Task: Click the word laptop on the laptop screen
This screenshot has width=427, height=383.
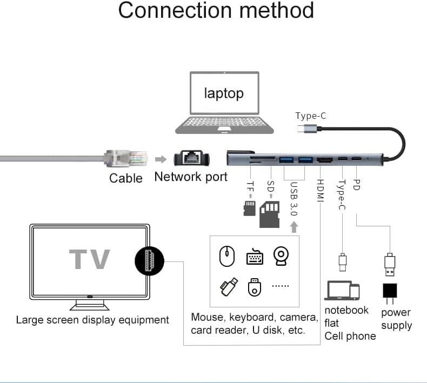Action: (224, 93)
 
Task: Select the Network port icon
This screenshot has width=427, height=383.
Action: (191, 158)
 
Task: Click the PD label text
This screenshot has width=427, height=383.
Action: (356, 185)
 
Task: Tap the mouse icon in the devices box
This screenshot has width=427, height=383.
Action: (228, 256)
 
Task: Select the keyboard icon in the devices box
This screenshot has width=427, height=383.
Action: (255, 257)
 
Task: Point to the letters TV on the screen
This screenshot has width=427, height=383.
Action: (90, 260)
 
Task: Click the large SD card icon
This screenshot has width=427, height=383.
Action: (270, 215)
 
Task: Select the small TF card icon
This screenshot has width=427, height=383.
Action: (249, 208)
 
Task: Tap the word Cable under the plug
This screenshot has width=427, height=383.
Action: (126, 178)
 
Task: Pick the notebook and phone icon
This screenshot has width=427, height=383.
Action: (342, 291)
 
